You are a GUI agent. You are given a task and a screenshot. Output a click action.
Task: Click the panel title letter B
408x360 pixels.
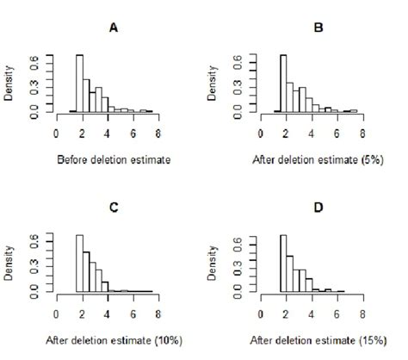click(x=317, y=27)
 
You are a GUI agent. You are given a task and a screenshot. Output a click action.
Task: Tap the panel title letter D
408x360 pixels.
click(x=317, y=207)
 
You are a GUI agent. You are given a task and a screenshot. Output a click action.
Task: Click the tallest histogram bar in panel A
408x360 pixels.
click(x=79, y=84)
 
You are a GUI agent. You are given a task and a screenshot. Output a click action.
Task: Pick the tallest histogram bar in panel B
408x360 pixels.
click(x=283, y=84)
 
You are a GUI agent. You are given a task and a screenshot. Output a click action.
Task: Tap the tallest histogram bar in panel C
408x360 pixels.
click(x=79, y=264)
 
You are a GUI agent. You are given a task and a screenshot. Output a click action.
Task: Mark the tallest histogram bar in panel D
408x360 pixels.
click(x=283, y=264)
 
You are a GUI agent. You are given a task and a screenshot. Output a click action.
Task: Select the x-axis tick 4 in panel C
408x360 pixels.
click(x=107, y=314)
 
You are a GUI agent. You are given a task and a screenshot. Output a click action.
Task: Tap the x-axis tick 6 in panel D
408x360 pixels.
click(x=337, y=314)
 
